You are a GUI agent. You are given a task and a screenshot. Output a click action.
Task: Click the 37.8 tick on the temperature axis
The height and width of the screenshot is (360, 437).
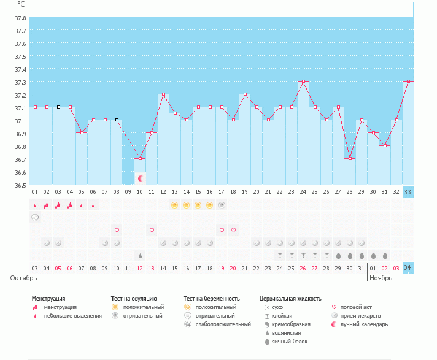pyautogui.click(x=20, y=18)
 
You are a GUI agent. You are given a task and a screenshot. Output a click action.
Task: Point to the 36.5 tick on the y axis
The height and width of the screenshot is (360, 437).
pyautogui.click(x=20, y=185)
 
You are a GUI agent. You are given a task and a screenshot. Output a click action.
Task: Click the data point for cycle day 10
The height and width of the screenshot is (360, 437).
pyautogui.click(x=141, y=159)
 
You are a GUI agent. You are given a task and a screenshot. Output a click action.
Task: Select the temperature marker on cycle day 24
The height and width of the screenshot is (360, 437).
pyautogui.click(x=303, y=81)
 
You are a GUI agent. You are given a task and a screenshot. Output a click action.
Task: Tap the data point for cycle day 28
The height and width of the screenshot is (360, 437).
pyautogui.click(x=350, y=159)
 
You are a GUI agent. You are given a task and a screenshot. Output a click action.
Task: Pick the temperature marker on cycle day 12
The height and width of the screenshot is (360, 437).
pyautogui.click(x=164, y=94)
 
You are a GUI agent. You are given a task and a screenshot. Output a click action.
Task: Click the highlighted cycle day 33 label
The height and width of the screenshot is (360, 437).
pyautogui.click(x=408, y=192)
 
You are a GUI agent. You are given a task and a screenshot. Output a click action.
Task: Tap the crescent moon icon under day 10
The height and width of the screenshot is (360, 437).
pyautogui.click(x=141, y=178)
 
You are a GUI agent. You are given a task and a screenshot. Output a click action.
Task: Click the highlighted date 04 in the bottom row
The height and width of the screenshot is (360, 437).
pyautogui.click(x=408, y=268)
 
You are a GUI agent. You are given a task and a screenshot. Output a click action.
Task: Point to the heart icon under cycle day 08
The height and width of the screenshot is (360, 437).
pyautogui.click(x=117, y=230)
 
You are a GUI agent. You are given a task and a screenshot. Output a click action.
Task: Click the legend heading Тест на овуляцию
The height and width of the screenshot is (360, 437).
pyautogui.click(x=134, y=299)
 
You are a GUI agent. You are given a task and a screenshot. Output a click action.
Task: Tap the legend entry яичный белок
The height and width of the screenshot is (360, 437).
pyautogui.click(x=290, y=341)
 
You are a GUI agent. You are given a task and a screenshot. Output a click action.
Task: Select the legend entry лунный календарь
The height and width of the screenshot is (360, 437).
pyautogui.click(x=365, y=324)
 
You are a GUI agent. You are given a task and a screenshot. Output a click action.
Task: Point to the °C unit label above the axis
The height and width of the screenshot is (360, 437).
pyautogui.click(x=21, y=4)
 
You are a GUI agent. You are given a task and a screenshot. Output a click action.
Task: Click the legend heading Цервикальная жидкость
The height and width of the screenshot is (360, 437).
pyautogui.click(x=290, y=299)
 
